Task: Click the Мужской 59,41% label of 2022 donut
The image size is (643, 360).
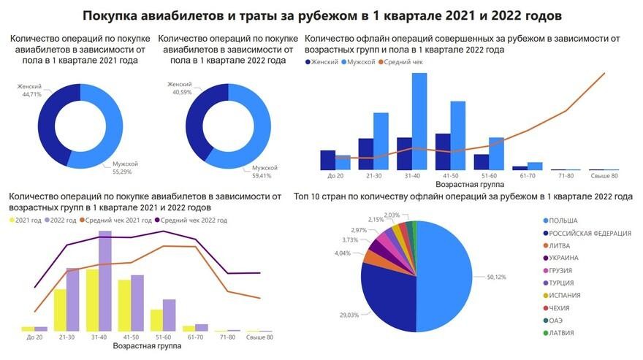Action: click(x=265, y=172)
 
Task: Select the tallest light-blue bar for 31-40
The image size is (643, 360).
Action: click(x=419, y=121)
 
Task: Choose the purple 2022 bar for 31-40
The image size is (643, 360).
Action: click(x=104, y=280)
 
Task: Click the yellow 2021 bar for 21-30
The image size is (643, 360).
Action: click(x=60, y=310)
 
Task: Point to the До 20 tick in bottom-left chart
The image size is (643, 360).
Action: click(x=34, y=337)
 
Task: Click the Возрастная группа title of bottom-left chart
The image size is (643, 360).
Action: click(x=147, y=345)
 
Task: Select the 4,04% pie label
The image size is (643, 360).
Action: click(x=342, y=253)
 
